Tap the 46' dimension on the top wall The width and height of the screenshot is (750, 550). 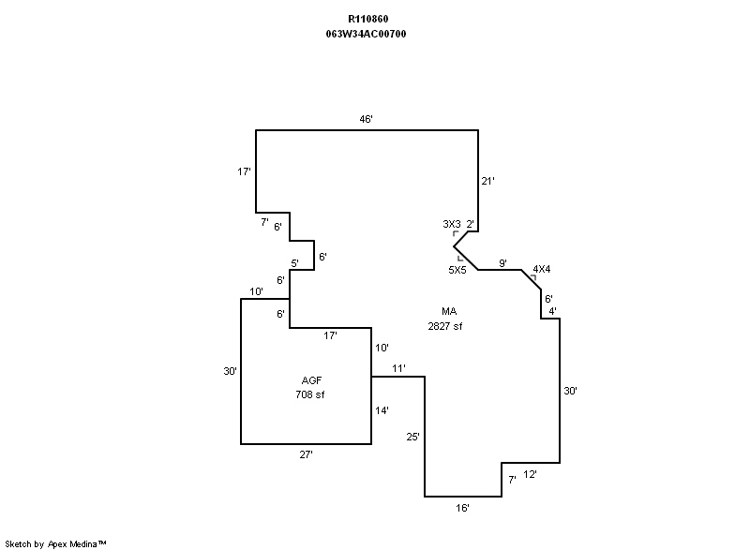pyautogui.click(x=367, y=119)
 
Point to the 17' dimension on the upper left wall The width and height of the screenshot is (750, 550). pyautogui.click(x=244, y=171)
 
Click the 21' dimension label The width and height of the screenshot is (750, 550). pyautogui.click(x=487, y=181)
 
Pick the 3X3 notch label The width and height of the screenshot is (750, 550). pyautogui.click(x=451, y=224)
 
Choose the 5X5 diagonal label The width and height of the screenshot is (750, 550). pyautogui.click(x=457, y=270)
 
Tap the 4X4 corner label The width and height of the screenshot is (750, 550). pyautogui.click(x=541, y=270)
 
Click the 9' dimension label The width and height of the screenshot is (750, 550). pyautogui.click(x=502, y=263)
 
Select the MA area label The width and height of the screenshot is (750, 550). pyautogui.click(x=450, y=311)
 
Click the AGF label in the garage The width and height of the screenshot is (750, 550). pyautogui.click(x=311, y=380)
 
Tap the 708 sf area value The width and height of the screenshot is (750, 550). pyautogui.click(x=309, y=394)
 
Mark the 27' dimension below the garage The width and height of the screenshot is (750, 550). pyautogui.click(x=306, y=454)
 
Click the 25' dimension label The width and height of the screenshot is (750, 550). pyautogui.click(x=413, y=437)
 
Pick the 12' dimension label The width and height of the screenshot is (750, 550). pyautogui.click(x=530, y=475)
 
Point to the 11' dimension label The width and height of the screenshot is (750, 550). pyautogui.click(x=398, y=368)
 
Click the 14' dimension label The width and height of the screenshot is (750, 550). pyautogui.click(x=382, y=410)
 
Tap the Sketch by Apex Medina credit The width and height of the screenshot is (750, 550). pyautogui.click(x=56, y=543)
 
